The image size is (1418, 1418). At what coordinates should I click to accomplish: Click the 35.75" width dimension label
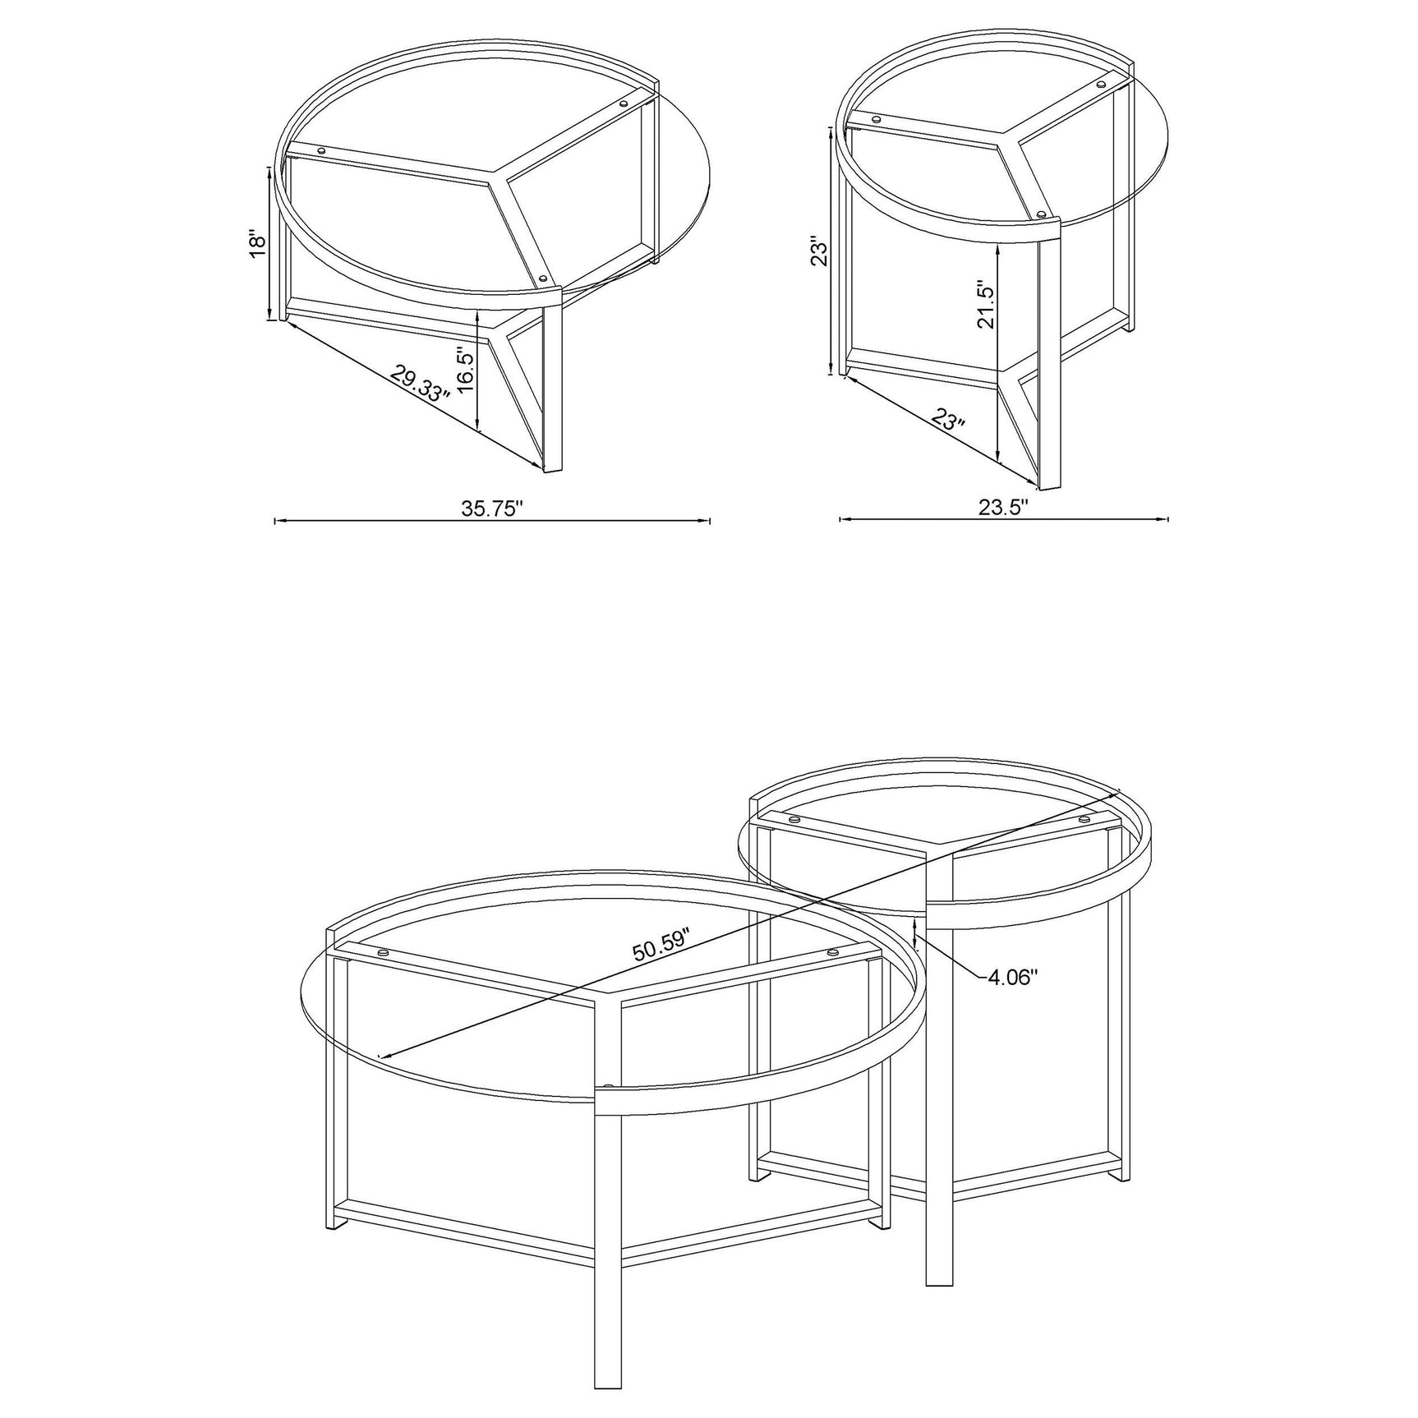[x=492, y=509]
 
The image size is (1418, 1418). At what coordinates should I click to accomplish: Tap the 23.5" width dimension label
[x=1003, y=508]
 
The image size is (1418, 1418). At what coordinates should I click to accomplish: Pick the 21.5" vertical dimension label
[x=986, y=306]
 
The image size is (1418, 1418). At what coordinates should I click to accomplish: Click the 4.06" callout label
[x=1013, y=977]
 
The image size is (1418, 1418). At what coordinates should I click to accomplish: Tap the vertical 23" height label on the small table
[x=817, y=251]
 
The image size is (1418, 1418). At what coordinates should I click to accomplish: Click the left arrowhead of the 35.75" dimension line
[x=277, y=520]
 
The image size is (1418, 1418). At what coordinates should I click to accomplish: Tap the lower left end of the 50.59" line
[x=379, y=1057]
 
